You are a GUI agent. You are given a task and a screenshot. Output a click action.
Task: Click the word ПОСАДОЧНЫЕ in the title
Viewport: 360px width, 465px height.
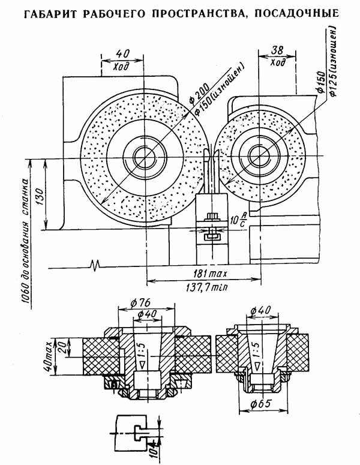tap(296, 14)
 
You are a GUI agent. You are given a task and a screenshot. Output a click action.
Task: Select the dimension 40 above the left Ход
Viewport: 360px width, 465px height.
tap(122, 53)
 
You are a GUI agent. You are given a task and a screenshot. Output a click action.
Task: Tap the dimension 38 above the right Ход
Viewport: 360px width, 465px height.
tap(277, 50)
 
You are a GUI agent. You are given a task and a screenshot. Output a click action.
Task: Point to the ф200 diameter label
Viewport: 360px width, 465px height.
tap(199, 93)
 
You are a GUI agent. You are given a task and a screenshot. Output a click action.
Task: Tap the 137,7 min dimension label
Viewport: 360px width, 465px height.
tap(206, 287)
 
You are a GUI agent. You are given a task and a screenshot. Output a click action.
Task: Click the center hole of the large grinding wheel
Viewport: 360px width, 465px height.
tap(145, 158)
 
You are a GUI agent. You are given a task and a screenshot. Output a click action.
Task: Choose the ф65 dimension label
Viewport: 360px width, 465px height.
tap(260, 404)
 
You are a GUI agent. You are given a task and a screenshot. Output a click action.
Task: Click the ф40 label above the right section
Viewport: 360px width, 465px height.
tap(260, 310)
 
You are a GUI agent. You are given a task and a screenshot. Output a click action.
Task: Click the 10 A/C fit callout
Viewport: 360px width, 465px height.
tap(238, 220)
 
